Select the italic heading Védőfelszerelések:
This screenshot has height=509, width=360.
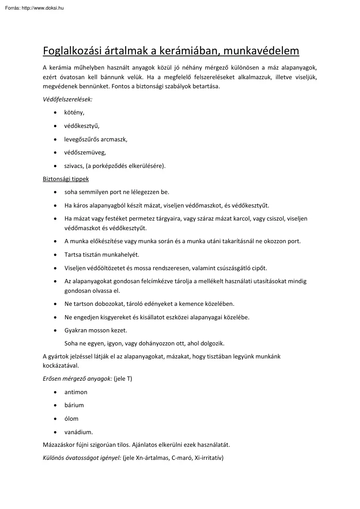point(67,99)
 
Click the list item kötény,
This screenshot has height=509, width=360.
point(74,113)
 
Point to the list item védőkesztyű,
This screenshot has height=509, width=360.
point(82,126)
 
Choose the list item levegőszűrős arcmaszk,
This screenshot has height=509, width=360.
point(96,139)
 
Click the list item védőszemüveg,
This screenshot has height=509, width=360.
point(85,152)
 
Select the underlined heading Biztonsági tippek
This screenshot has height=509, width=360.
point(66,179)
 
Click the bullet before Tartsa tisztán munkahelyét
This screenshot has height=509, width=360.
point(55,254)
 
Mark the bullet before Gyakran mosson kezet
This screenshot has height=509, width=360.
point(55,331)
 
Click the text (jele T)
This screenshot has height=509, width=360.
point(123,378)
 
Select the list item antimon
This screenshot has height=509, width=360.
point(76,392)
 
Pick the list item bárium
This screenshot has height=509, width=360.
point(74,405)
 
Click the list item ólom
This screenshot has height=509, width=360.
point(71,419)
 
